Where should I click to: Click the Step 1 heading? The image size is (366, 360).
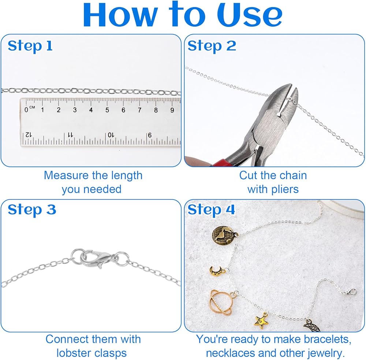(30, 46)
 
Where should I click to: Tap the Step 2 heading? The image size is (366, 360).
(212, 46)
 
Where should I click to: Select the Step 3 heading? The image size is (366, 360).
(32, 209)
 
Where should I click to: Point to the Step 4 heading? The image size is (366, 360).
(211, 209)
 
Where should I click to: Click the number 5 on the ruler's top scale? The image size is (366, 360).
(107, 110)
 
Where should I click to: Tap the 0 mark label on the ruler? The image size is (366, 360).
(26, 110)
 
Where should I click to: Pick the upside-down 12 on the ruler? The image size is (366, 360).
(28, 135)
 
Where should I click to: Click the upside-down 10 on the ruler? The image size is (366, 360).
(111, 135)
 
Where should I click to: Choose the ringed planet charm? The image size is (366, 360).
(221, 303)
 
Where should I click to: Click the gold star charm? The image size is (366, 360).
(261, 321)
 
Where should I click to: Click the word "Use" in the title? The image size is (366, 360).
(250, 15)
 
